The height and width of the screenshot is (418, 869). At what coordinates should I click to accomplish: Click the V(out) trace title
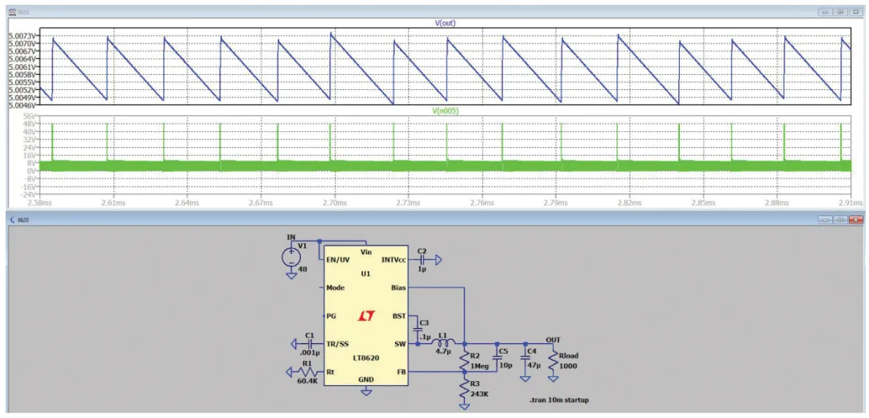point(444,23)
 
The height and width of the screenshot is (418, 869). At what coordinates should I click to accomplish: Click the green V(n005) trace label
point(444,111)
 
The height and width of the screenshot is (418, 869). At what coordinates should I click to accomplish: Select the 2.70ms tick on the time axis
point(334,202)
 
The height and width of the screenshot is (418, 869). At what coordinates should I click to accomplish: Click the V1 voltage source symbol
point(291,258)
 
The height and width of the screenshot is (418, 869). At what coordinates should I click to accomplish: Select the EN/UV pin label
point(338,260)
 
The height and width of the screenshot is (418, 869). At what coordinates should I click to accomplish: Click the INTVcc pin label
point(394,260)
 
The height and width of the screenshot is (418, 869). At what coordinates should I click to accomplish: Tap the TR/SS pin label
point(338,343)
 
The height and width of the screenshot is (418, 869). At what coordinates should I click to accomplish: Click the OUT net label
point(554,338)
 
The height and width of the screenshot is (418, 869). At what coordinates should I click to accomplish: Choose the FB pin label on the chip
point(401,371)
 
